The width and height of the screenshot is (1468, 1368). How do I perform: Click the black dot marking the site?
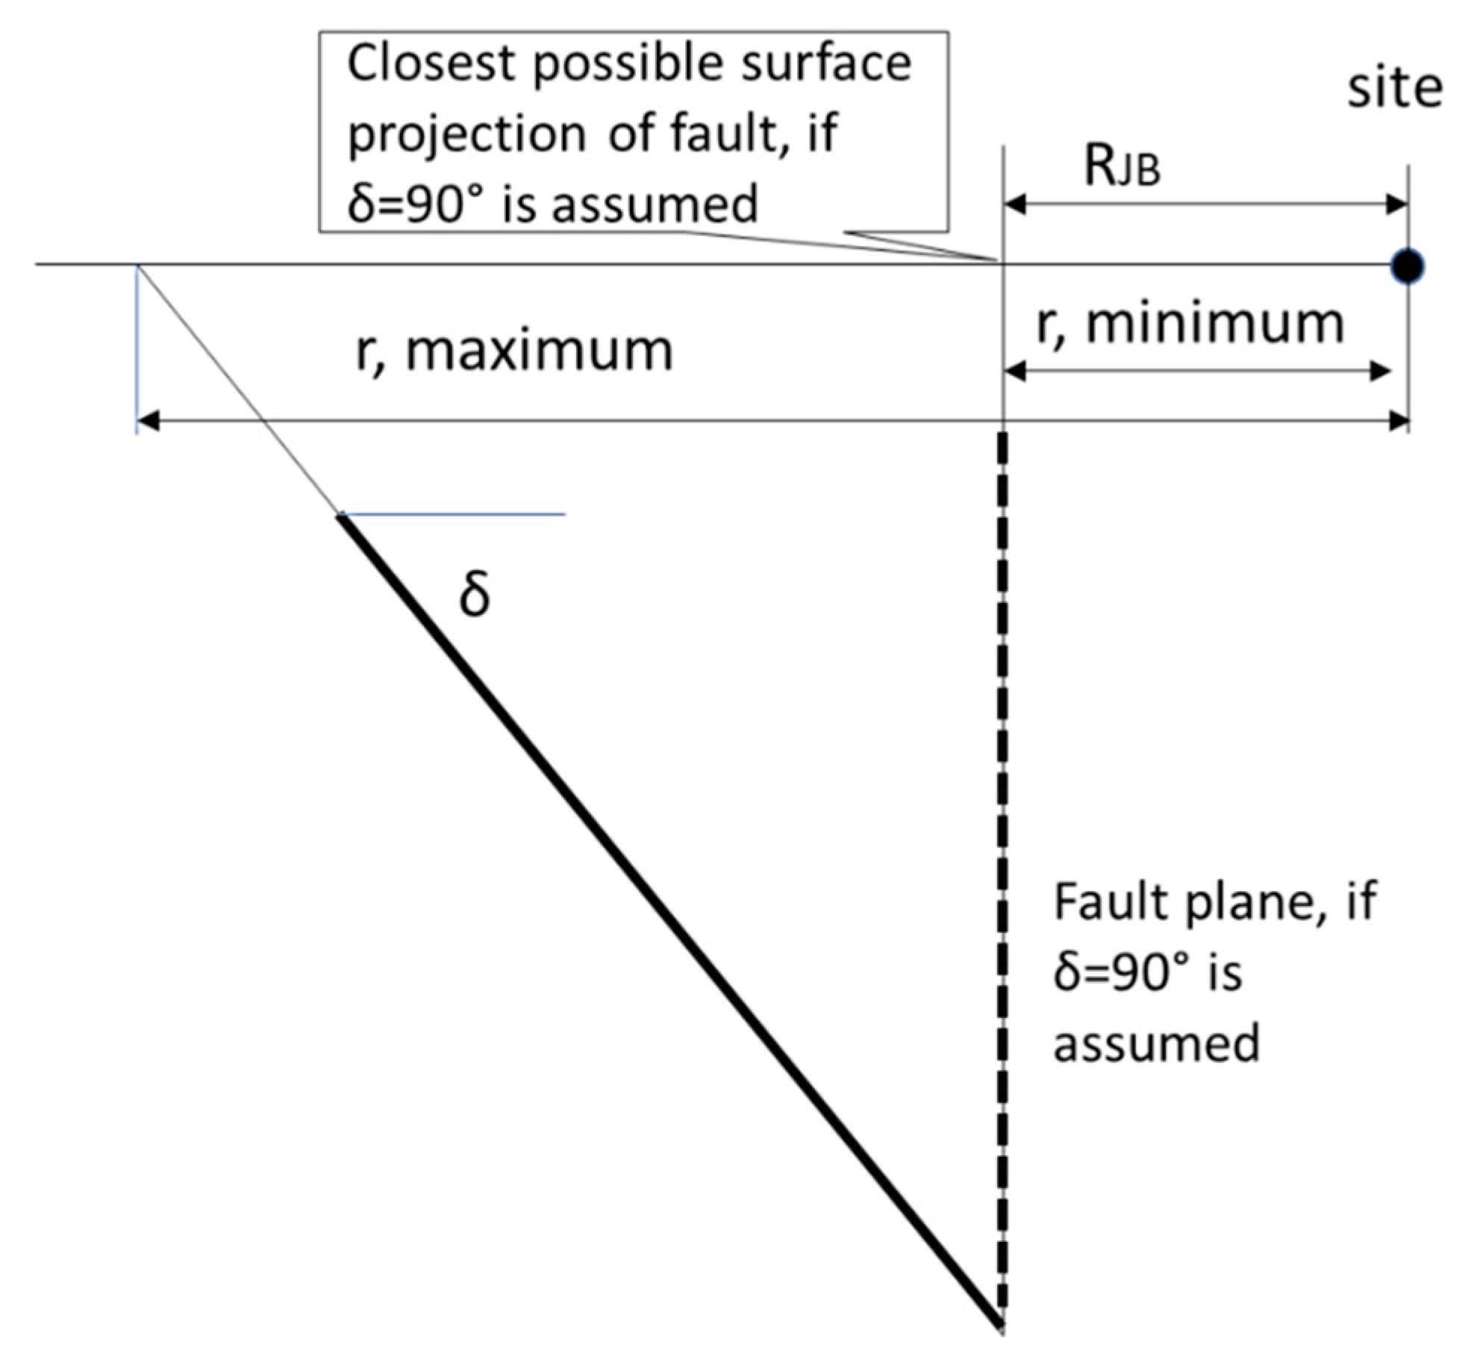point(1408,266)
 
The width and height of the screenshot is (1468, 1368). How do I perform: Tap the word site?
point(1394,90)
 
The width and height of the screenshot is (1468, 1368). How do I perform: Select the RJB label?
point(1122,169)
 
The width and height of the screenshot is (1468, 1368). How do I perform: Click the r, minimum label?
point(1190,325)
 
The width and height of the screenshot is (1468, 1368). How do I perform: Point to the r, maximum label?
point(514,351)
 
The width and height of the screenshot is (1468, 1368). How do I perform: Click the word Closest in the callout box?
point(431,63)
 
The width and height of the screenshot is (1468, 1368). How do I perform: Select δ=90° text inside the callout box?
point(419,204)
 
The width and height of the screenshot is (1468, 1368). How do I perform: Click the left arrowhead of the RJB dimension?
point(1015,204)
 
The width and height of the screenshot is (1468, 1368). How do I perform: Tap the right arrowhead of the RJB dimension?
point(1396,204)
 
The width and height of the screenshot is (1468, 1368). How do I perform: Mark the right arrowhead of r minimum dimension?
point(1381,371)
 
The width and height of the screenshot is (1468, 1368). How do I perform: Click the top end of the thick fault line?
point(340,517)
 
